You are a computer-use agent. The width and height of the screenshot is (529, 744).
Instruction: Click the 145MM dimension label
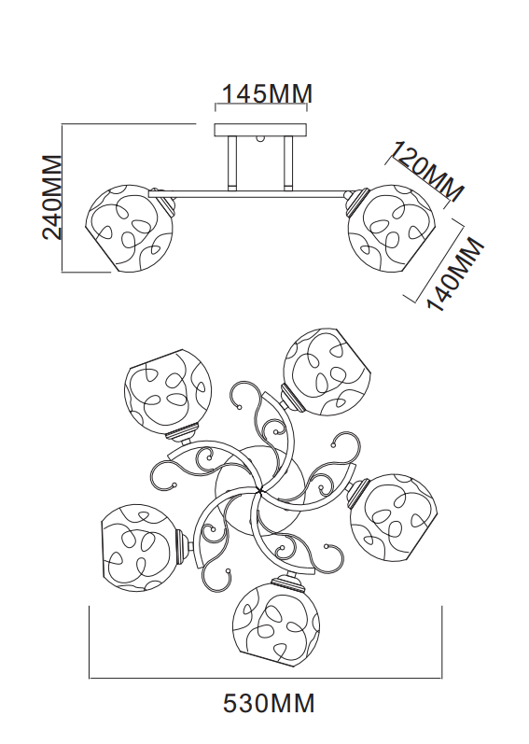[x=267, y=93]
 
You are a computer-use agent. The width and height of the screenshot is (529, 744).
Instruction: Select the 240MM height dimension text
[x=52, y=197]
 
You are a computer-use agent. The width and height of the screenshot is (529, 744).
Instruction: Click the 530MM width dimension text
[x=269, y=703]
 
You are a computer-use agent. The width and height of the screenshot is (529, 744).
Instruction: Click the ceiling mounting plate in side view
[x=260, y=130]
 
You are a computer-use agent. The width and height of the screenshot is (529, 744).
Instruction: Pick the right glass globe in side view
[x=391, y=229]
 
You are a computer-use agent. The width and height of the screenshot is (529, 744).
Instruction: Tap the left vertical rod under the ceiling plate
[x=232, y=162]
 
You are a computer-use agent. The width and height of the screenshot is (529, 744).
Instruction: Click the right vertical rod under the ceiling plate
[x=288, y=162]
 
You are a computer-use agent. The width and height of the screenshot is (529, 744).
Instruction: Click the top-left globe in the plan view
[x=167, y=391]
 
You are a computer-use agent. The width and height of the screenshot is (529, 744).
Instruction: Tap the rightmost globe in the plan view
[x=393, y=515]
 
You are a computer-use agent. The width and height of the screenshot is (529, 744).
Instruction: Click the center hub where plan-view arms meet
[x=258, y=489]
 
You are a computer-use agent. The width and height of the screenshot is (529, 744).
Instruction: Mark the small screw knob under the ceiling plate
[x=260, y=139]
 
